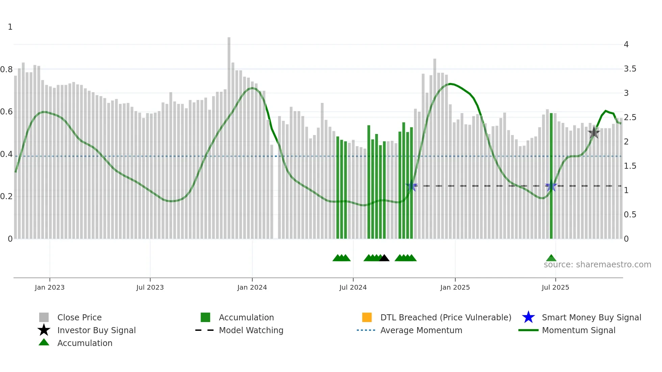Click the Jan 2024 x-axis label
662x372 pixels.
coord(252,287)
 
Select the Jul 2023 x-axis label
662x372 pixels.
coord(150,287)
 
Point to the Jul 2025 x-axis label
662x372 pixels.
coord(555,287)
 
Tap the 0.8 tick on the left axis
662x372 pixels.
coord(6,70)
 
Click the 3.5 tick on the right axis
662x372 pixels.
coord(630,69)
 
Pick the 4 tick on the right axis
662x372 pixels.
coord(626,45)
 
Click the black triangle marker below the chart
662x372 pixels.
coord(384,258)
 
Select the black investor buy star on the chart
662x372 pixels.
coord(594,133)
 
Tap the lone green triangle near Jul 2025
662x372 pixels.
coord(551,258)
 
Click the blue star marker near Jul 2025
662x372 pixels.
coord(551,186)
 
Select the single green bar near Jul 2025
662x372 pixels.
coord(551,176)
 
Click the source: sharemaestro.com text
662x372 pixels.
coord(597,265)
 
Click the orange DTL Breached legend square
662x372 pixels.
coord(367,317)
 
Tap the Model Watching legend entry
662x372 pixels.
coord(251,330)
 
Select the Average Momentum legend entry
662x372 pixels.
coord(421,330)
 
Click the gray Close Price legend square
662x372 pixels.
coord(44,317)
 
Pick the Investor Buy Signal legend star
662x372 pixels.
coord(44,330)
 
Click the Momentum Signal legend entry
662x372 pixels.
coord(578,330)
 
